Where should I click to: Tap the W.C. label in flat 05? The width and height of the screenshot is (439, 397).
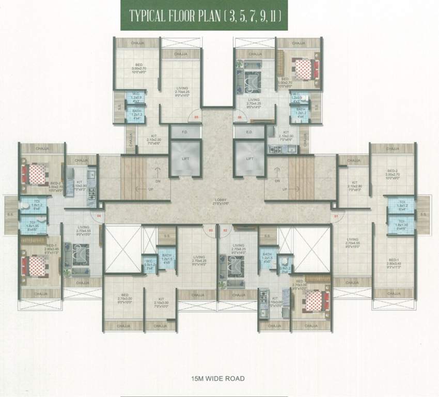coord(135,94)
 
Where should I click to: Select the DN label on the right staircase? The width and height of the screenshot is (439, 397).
coord(277,181)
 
